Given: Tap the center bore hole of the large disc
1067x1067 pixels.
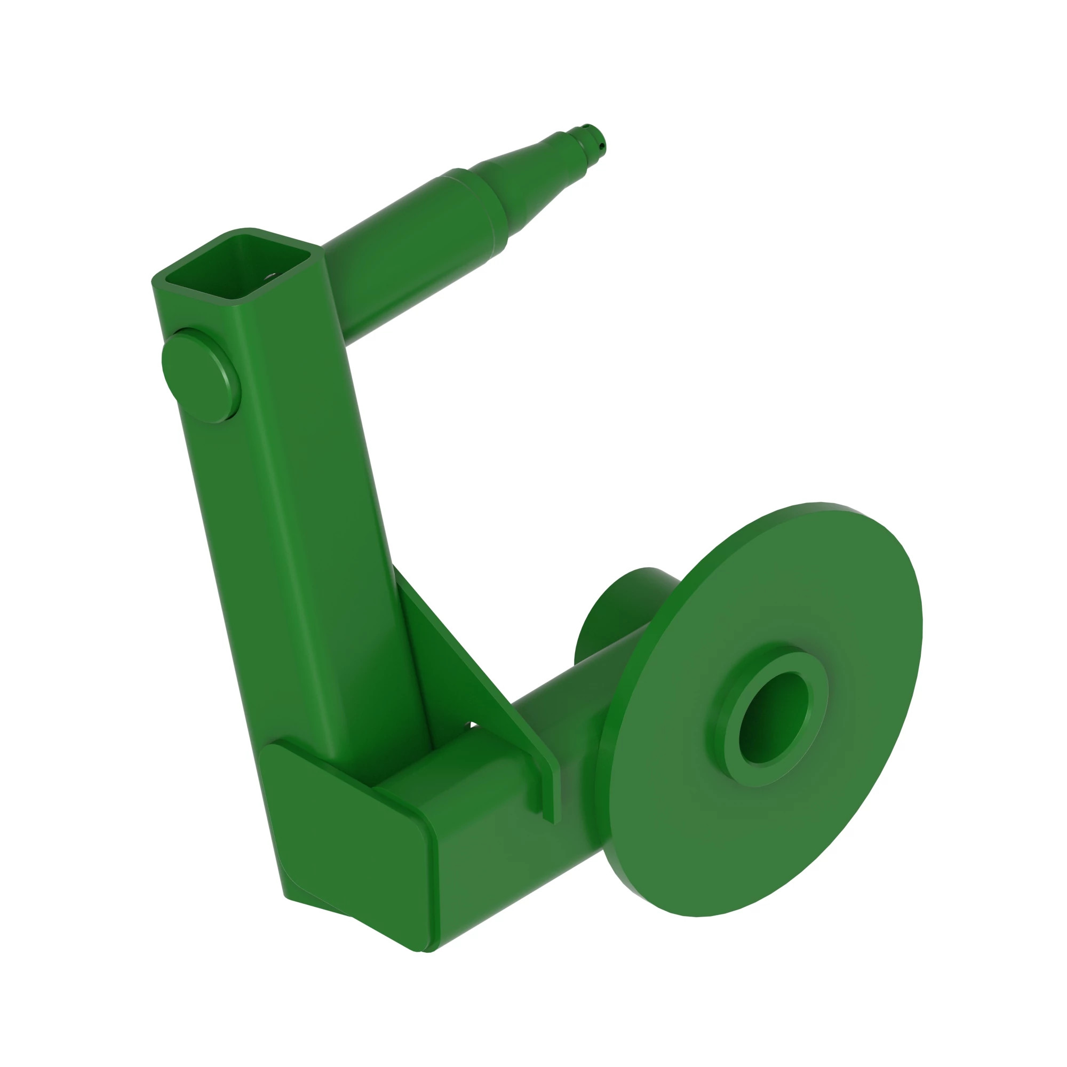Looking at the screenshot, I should (x=773, y=718).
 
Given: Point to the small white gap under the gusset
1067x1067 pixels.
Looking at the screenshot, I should (x=473, y=724).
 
